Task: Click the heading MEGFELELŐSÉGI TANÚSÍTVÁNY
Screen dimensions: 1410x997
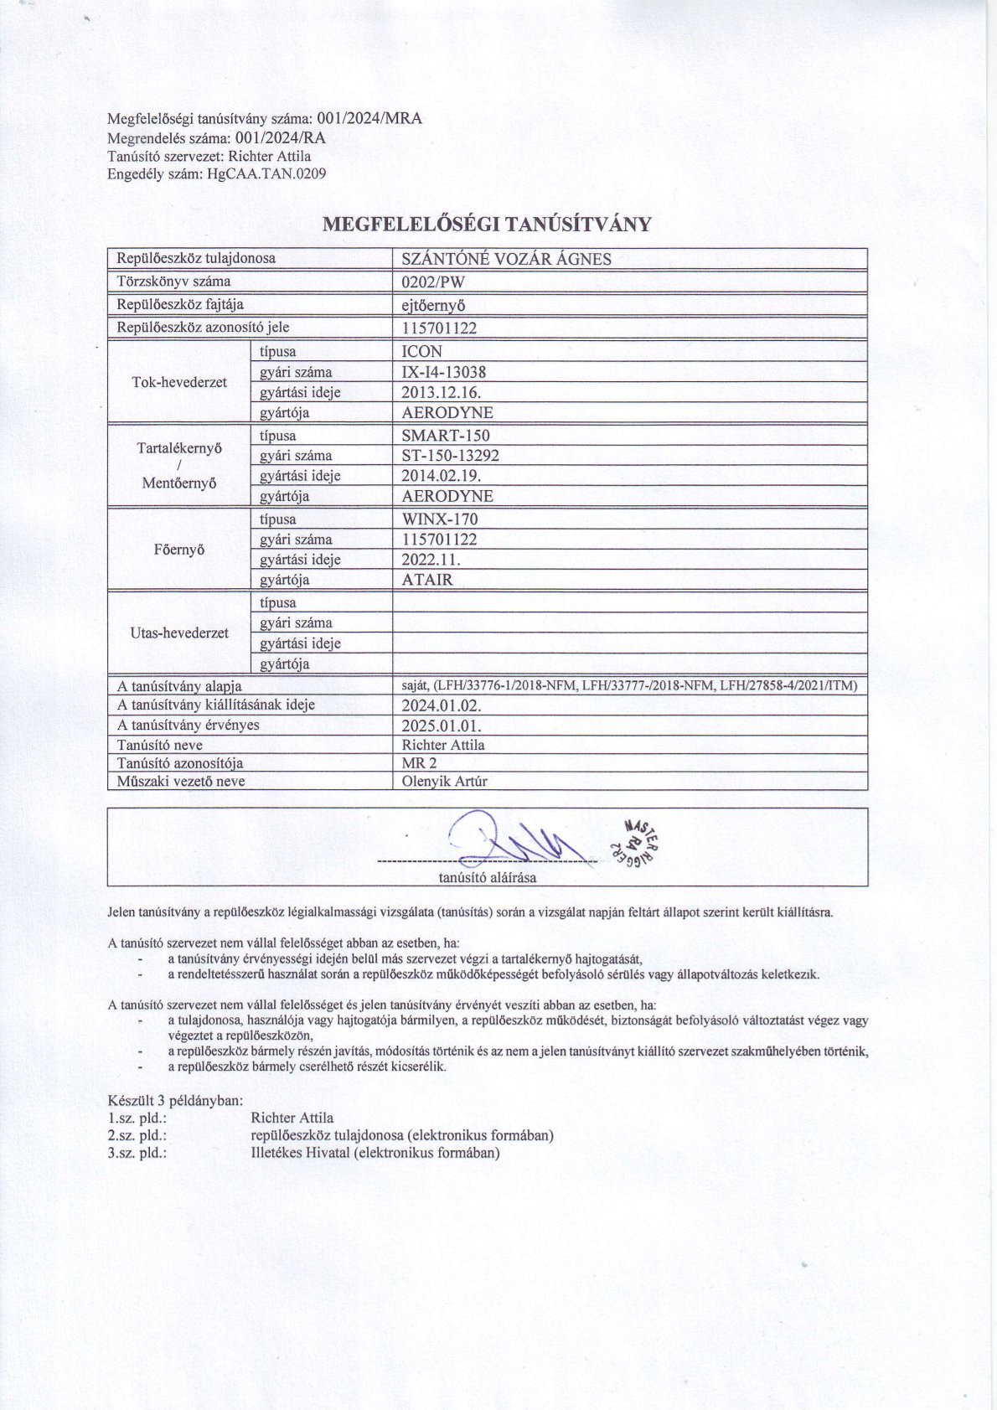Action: click(487, 224)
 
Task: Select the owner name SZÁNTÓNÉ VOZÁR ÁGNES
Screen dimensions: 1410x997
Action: click(506, 259)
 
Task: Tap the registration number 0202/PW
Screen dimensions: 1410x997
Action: click(433, 281)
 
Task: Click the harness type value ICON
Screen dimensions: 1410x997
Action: click(422, 352)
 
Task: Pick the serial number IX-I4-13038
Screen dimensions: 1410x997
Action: click(444, 372)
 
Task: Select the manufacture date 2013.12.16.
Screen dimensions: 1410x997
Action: click(442, 392)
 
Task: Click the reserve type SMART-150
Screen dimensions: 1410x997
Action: click(446, 436)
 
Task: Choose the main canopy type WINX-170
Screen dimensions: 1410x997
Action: click(440, 519)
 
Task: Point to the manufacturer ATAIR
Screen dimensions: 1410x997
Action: click(427, 580)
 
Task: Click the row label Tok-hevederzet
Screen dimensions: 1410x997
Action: click(179, 382)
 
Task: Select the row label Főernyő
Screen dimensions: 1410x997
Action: click(179, 550)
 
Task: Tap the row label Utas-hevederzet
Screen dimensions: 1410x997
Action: click(179, 633)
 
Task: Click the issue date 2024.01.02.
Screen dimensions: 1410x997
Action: click(442, 705)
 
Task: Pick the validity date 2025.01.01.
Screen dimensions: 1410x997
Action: click(442, 726)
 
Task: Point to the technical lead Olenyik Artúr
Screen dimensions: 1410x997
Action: click(444, 781)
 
